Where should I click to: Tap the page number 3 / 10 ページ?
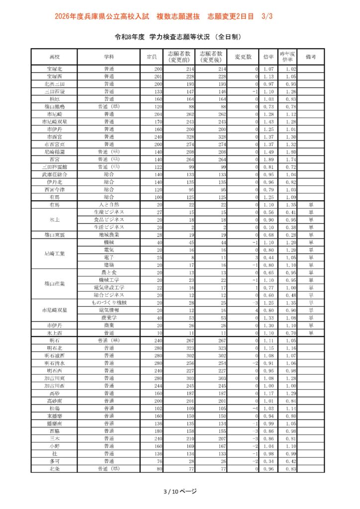pos(180,492)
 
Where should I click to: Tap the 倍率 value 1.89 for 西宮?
pos(269,160)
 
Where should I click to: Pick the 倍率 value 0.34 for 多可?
pos(269,461)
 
